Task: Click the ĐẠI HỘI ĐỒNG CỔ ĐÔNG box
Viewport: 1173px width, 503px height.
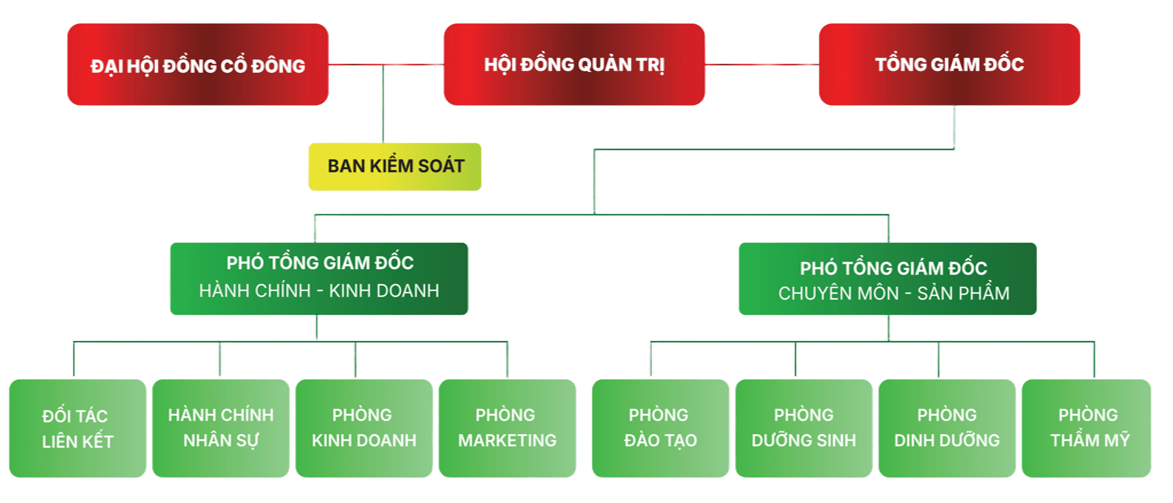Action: [x=198, y=64]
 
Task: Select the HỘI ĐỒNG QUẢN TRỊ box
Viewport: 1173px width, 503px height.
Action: [x=574, y=64]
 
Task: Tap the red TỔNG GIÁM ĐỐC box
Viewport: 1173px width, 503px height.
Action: [x=949, y=64]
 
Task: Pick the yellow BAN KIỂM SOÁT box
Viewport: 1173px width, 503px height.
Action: [x=394, y=167]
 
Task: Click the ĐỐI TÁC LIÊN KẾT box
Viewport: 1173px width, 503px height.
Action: [x=77, y=428]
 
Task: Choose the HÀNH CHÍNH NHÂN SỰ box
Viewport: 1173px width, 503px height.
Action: [x=221, y=428]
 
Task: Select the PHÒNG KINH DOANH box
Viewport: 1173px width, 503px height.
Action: [x=364, y=428]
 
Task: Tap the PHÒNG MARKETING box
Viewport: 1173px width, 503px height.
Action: [x=507, y=428]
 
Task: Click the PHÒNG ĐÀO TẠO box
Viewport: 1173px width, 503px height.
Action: [x=660, y=428]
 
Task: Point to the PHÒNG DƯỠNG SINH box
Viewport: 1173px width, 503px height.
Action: [x=804, y=428]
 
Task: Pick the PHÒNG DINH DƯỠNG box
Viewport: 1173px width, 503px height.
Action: [x=947, y=428]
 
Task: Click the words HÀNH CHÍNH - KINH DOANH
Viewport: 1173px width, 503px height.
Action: [x=319, y=291]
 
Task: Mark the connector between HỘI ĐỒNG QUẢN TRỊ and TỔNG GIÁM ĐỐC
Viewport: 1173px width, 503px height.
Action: [x=761, y=64]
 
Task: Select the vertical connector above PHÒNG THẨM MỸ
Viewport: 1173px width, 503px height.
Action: [x=1094, y=360]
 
